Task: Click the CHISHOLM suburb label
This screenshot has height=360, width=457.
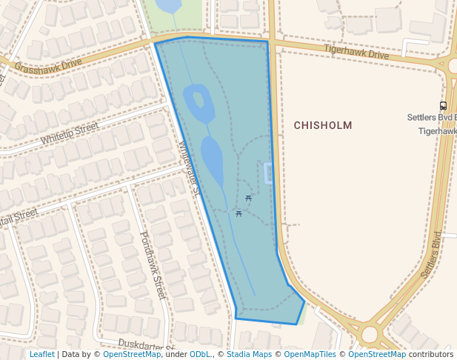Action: click(x=322, y=125)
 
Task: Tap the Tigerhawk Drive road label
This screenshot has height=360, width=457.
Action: click(x=356, y=52)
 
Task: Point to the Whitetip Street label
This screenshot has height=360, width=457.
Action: click(x=70, y=133)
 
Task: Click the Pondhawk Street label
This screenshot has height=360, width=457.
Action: click(x=151, y=264)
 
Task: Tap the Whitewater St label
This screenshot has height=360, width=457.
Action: click(x=189, y=168)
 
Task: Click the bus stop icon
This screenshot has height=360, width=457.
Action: click(x=443, y=106)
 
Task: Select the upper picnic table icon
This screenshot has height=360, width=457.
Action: click(x=248, y=199)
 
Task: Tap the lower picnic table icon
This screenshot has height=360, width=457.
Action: click(x=238, y=213)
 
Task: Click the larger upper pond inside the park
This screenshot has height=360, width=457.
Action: click(x=199, y=104)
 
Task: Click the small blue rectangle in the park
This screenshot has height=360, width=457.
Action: click(x=268, y=173)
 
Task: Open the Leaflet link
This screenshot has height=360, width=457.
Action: click(x=41, y=355)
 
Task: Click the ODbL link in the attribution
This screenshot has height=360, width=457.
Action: click(x=200, y=355)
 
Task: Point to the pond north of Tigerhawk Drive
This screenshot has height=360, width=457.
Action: click(x=169, y=6)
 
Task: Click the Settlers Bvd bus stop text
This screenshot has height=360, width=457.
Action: click(x=432, y=118)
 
